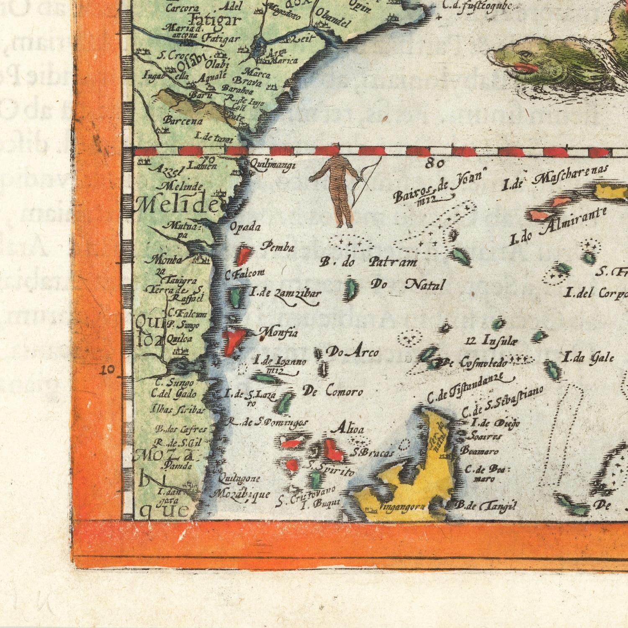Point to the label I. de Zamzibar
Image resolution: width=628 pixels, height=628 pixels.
286,293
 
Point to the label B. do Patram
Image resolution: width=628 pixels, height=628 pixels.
368,263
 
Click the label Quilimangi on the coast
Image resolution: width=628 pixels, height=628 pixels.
273,165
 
